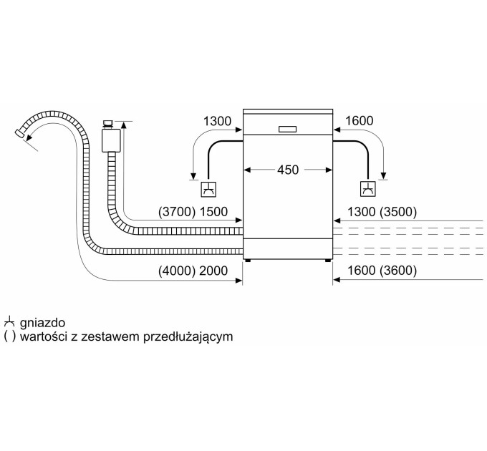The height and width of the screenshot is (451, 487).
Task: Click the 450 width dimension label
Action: click(x=288, y=170)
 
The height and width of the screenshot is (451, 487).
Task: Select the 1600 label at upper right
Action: click(x=359, y=122)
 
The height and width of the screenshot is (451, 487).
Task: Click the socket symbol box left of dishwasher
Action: click(x=208, y=190)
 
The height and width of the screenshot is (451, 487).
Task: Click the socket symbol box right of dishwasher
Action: click(x=367, y=190)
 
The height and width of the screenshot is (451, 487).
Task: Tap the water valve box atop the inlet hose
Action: click(x=110, y=138)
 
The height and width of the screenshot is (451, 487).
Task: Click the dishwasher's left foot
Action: click(x=248, y=261)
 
